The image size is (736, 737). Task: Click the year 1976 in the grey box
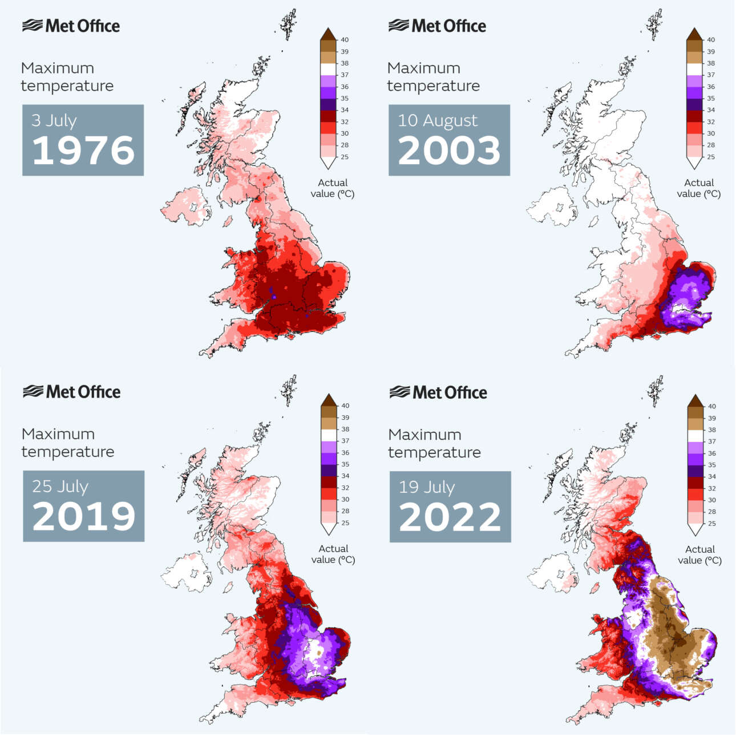83,151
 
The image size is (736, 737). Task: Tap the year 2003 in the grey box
449,151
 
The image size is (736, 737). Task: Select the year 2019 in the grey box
84,517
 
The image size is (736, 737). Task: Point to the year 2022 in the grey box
450,517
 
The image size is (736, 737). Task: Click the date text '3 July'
54,120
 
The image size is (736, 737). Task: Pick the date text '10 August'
438,120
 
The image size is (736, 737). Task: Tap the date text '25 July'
60,487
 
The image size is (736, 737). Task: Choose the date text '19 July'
427,487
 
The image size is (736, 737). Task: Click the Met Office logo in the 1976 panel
71,26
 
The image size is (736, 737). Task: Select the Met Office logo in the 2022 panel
438,392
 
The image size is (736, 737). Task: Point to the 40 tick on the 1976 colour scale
345,40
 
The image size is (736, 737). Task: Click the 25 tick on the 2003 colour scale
711,157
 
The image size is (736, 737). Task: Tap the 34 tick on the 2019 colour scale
345,476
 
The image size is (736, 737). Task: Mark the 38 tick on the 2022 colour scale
711,430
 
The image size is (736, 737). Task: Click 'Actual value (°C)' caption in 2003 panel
699,188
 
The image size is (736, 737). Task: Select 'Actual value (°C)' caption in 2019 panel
333,554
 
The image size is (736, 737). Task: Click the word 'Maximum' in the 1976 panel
58,68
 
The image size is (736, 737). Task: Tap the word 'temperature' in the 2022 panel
435,452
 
